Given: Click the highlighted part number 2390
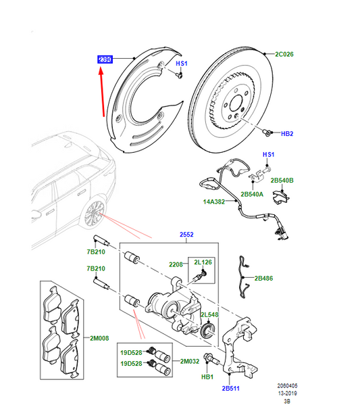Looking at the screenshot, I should coord(105,60).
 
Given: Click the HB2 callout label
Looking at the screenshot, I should coord(286,134).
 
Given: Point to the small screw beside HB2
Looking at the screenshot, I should coord(267,133).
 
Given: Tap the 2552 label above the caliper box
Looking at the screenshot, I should coord(187,235).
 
